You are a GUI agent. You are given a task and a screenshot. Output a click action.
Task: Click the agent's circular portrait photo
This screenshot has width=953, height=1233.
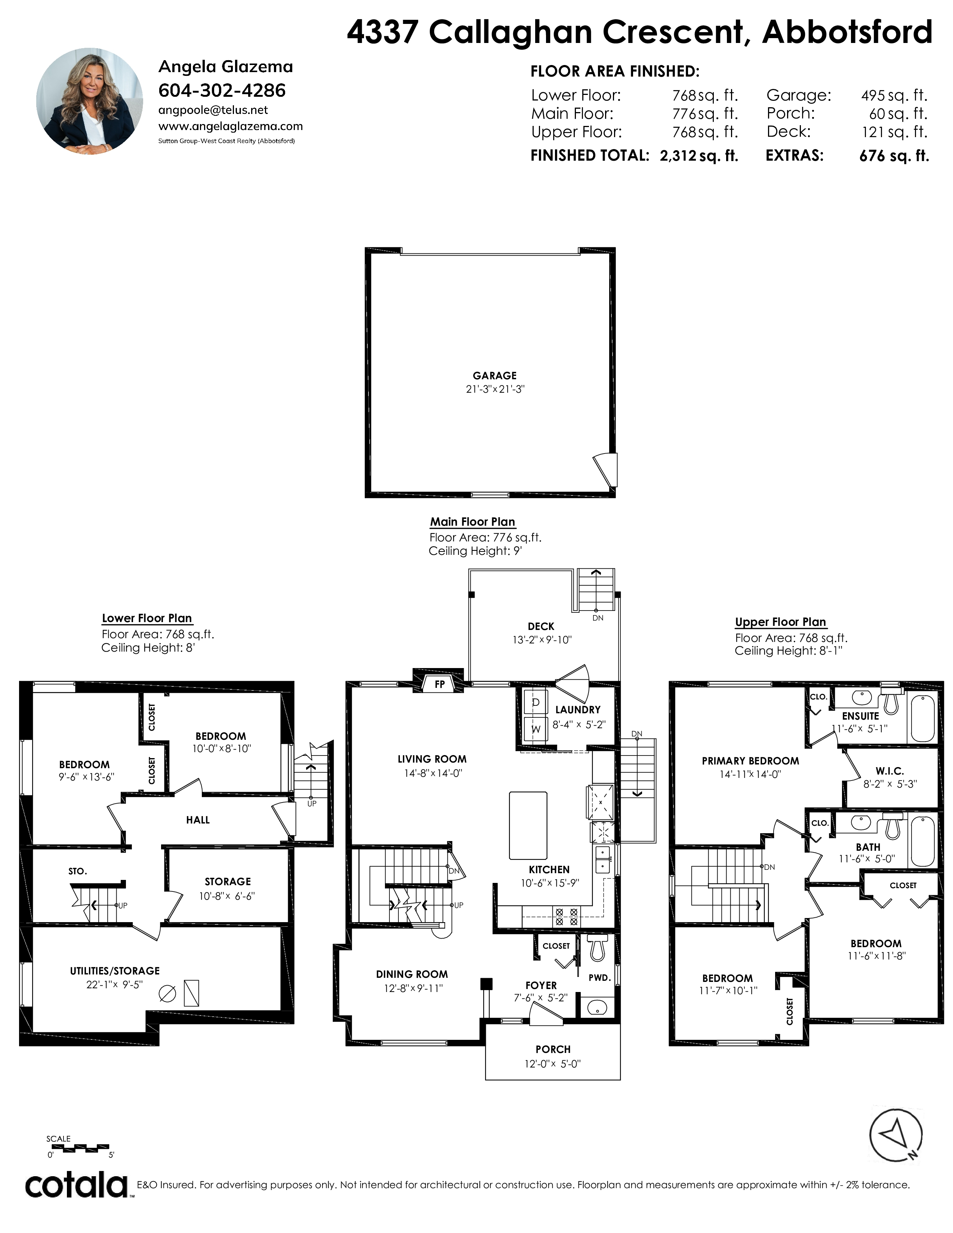(90, 101)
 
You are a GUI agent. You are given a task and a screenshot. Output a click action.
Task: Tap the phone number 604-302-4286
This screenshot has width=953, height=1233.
(222, 90)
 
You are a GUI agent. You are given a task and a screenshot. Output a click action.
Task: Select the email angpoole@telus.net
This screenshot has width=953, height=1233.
(213, 110)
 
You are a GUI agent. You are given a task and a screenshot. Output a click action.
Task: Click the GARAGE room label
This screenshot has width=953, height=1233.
(494, 376)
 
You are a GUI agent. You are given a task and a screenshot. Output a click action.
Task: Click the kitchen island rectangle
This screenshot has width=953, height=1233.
(528, 825)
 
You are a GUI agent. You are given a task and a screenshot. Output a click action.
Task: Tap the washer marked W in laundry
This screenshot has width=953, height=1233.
(535, 728)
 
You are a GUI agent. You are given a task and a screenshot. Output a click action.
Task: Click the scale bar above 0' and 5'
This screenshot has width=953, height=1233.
(77, 1147)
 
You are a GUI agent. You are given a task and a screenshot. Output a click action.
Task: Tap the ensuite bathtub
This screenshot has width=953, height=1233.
(922, 717)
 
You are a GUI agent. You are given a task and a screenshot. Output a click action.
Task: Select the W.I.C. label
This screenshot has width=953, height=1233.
(890, 770)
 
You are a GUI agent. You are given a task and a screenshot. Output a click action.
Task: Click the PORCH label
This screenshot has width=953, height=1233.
(553, 1049)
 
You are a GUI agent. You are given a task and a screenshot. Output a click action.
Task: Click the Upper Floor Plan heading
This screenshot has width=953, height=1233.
(780, 622)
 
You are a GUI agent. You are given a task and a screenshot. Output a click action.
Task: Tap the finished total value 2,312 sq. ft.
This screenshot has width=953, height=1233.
(699, 156)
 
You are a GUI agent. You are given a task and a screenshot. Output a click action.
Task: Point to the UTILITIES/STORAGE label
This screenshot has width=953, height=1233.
(115, 970)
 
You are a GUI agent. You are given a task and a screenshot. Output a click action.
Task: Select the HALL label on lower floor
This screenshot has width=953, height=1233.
(198, 820)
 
